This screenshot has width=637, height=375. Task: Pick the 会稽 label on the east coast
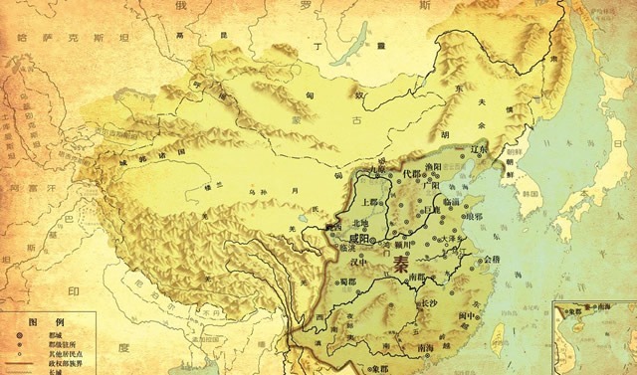pos(490,260)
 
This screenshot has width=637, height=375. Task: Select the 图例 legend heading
pos(39,325)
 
